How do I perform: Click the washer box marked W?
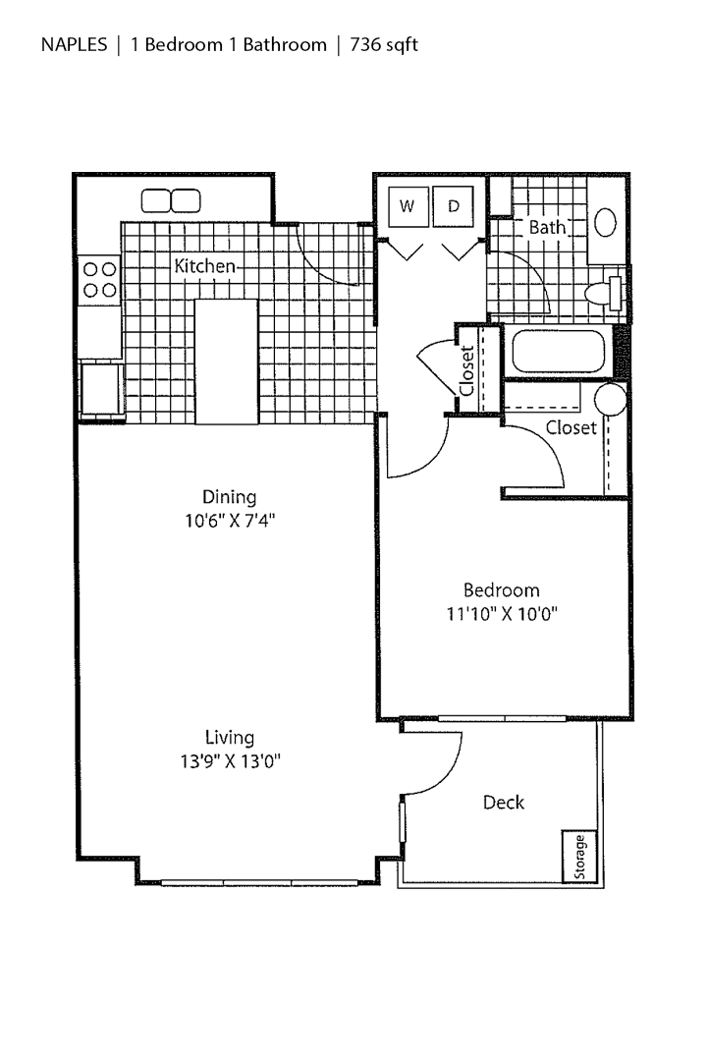click(x=407, y=206)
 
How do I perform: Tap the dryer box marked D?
click(x=454, y=206)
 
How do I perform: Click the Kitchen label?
click(x=204, y=265)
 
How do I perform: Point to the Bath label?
click(x=547, y=227)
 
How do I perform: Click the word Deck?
click(x=503, y=803)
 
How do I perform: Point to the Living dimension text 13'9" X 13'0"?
click(x=230, y=760)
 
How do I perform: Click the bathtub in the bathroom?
click(x=558, y=351)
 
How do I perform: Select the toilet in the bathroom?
click(x=602, y=293)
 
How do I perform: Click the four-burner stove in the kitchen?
click(x=99, y=278)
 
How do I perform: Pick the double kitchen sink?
click(x=171, y=200)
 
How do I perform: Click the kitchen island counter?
click(x=226, y=363)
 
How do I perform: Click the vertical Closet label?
click(x=467, y=369)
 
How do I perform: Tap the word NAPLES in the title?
click(x=74, y=45)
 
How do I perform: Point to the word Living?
click(x=230, y=737)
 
